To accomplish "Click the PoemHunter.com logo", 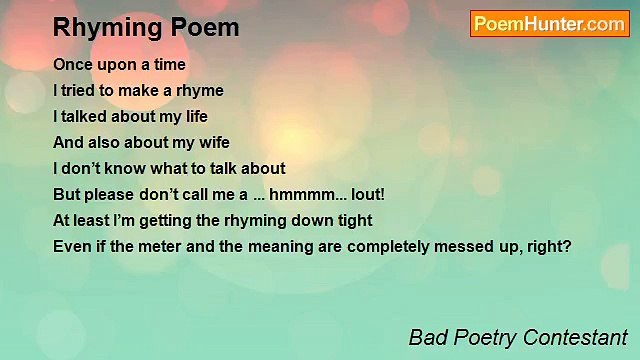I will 549,24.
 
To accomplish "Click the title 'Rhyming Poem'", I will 146,27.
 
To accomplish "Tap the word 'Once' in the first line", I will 72,64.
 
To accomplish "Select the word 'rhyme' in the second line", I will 200,90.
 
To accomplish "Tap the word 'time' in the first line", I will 167,64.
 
